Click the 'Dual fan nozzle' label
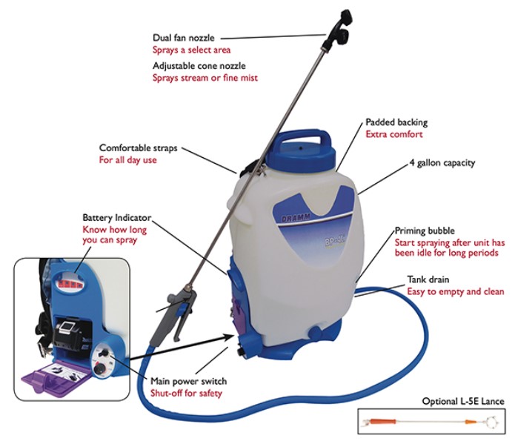click(x=182, y=36)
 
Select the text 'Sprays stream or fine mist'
click(x=205, y=78)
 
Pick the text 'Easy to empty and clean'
click(x=455, y=292)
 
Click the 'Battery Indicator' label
click(x=116, y=218)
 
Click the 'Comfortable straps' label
click(x=139, y=147)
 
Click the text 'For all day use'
click(x=127, y=159)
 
